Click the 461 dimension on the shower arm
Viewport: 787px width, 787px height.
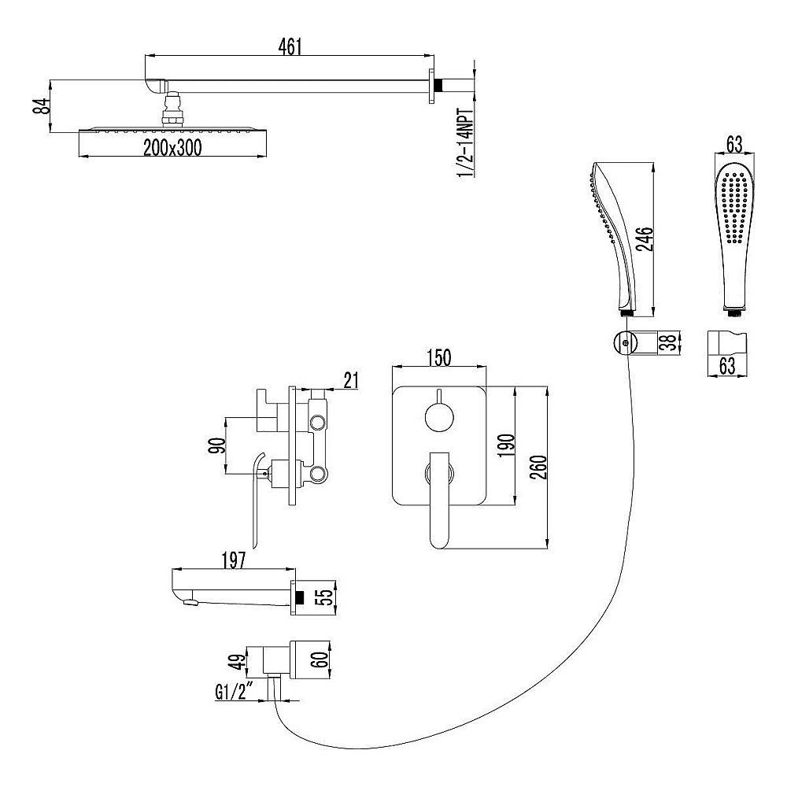pos(290,46)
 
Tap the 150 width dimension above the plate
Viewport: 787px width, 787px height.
pos(439,357)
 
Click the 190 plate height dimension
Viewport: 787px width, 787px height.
pos(504,446)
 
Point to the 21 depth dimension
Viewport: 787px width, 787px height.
pos(351,380)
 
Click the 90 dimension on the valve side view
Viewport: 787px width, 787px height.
pos(219,445)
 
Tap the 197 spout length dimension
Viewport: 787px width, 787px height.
pos(235,560)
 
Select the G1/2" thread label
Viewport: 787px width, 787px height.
pos(233,693)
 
